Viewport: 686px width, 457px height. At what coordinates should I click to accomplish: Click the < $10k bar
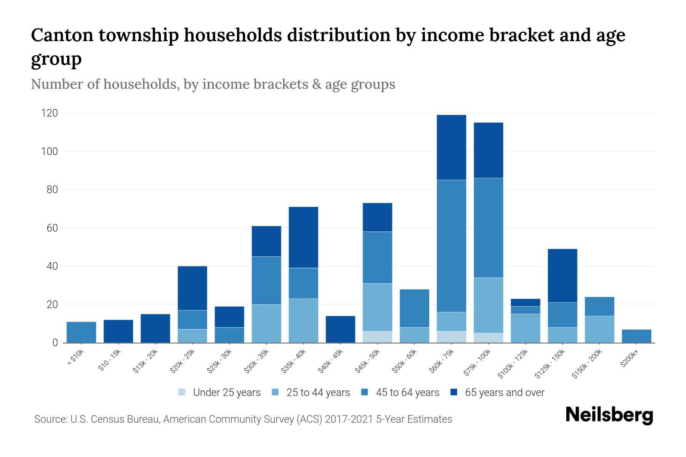[81, 332]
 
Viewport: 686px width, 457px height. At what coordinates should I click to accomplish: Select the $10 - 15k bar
[118, 331]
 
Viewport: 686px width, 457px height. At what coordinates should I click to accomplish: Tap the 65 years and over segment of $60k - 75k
[451, 147]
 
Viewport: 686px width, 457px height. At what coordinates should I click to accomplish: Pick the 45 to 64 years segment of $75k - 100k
[488, 228]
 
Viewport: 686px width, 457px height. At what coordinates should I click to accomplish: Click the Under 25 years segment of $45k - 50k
[377, 337]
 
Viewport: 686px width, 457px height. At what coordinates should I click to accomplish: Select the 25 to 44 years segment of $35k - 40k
[303, 321]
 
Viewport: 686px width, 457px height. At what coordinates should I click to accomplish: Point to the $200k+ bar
[636, 336]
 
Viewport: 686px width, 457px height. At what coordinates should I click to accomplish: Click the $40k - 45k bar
[340, 329]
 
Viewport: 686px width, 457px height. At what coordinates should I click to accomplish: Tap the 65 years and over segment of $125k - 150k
[562, 276]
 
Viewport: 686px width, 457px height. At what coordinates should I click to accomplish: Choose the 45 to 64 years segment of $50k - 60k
[414, 308]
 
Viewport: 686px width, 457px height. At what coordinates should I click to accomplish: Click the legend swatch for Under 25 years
[182, 392]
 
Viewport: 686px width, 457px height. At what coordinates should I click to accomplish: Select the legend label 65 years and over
[505, 392]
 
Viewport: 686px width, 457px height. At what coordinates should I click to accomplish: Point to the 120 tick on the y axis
[50, 113]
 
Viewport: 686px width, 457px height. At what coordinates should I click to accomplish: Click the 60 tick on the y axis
[52, 228]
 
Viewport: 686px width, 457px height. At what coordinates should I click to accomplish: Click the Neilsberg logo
[609, 415]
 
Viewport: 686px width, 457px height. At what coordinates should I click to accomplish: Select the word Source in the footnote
[49, 419]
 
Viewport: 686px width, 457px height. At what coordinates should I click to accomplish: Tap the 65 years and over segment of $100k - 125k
[525, 302]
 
